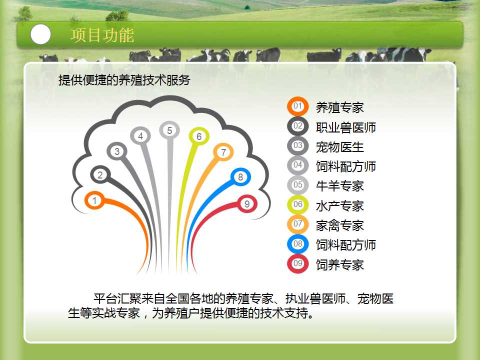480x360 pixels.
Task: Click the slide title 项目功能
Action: click(102, 35)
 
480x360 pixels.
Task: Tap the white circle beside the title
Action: click(40, 34)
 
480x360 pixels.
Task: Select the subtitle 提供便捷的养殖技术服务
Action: click(124, 80)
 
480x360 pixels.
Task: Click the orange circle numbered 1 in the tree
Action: click(94, 200)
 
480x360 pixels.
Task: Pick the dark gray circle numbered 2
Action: click(100, 175)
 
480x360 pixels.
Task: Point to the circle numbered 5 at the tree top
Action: click(169, 130)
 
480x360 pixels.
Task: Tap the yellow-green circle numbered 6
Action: click(199, 136)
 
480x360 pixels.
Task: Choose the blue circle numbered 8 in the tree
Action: click(240, 177)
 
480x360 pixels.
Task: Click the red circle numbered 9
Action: click(247, 204)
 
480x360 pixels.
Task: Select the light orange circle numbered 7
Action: click(223, 152)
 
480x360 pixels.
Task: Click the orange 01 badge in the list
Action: click(297, 106)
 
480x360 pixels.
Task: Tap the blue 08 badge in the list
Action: click(297, 244)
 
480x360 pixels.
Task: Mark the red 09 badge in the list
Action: click(297, 263)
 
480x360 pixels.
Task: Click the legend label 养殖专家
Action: click(340, 108)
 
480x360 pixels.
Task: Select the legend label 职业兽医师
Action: click(346, 127)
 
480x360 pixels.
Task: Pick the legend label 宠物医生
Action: click(340, 147)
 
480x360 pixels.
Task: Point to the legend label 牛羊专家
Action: click(340, 186)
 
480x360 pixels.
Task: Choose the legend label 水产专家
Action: click(340, 206)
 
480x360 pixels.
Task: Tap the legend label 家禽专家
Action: click(340, 225)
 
